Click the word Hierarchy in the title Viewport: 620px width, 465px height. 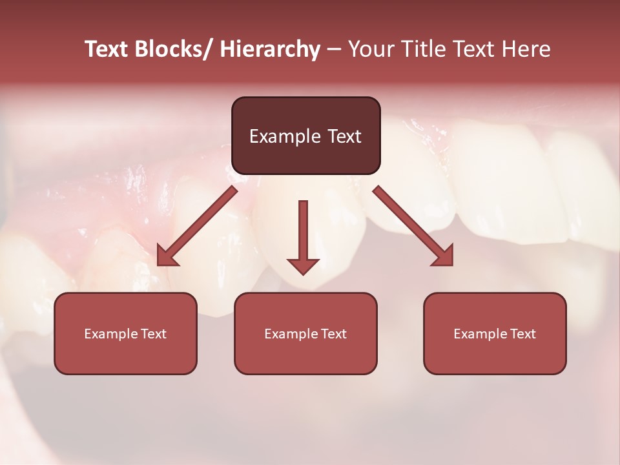pyautogui.click(x=269, y=49)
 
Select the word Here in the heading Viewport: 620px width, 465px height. pyautogui.click(x=528, y=49)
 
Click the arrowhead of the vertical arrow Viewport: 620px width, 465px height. pyautogui.click(x=303, y=265)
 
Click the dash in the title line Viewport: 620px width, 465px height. pyautogui.click(x=334, y=50)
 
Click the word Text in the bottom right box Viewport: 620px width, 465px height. pyautogui.click(x=522, y=334)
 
